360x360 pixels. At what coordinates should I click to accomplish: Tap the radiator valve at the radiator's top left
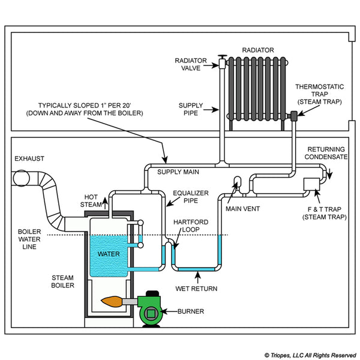tap(223, 61)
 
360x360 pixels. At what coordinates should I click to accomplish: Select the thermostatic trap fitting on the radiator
tap(295, 115)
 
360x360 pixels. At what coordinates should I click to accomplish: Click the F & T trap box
tap(312, 184)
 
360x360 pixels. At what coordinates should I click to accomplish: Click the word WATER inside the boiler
tap(108, 253)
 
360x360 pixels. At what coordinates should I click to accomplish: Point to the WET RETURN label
tap(196, 289)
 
